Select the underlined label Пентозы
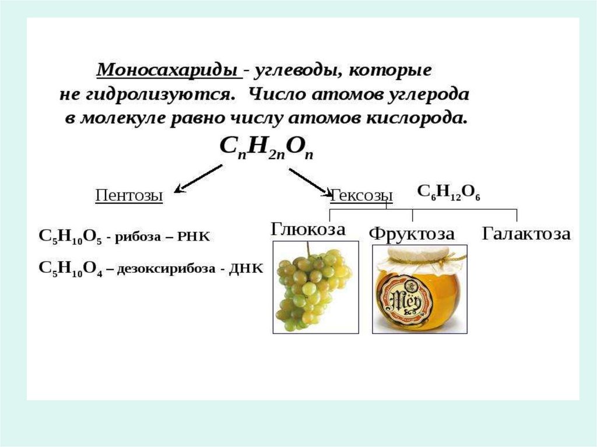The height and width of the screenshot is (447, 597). pos(128,195)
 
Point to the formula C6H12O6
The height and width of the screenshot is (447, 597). pos(448,193)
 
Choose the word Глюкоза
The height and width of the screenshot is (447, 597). pos(308,229)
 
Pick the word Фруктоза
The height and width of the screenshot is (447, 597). pos(412,234)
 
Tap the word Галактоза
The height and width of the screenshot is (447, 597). pos(526,234)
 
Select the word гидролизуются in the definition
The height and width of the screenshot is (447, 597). pos(161,94)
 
